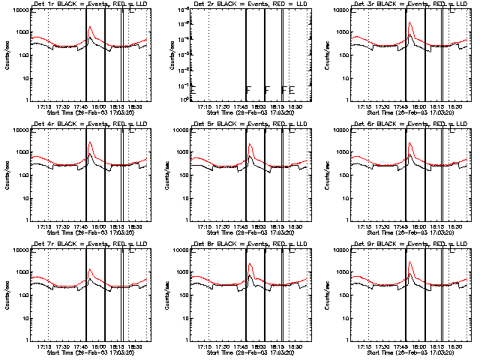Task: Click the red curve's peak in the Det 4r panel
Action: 89,142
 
